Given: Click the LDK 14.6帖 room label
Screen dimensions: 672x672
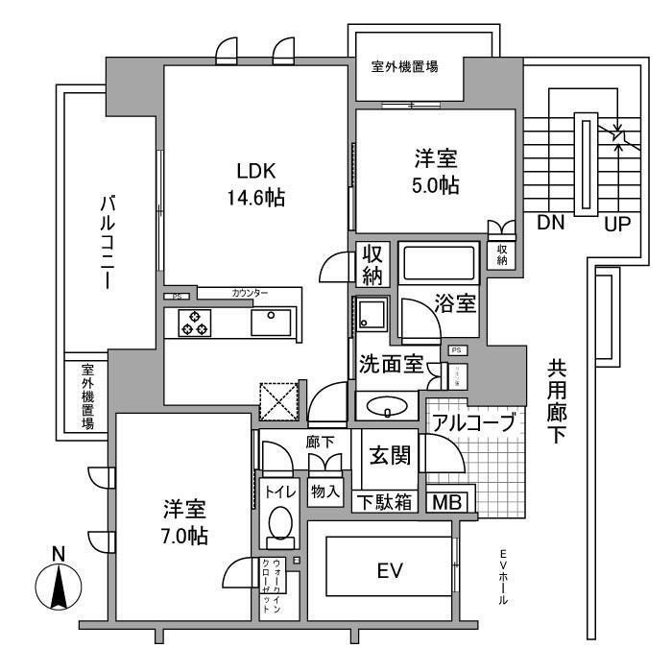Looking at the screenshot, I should [x=257, y=183].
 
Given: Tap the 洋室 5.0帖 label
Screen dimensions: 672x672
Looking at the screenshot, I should [x=436, y=171].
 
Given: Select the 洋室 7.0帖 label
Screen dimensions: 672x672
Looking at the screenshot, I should [x=183, y=522].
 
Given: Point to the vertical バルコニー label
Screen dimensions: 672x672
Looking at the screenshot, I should [x=108, y=240].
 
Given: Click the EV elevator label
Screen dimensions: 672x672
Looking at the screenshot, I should [x=388, y=571].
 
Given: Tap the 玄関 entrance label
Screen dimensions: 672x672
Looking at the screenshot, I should [x=391, y=455].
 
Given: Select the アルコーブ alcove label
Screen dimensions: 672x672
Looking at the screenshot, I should [x=474, y=422].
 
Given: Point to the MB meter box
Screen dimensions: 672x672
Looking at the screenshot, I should [x=444, y=501].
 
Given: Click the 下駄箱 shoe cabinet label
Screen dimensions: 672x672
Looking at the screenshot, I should [x=387, y=501].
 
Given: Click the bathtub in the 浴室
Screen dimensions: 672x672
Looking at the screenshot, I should [x=438, y=262].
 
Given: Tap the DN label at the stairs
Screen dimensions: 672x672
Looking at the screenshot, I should [x=550, y=224].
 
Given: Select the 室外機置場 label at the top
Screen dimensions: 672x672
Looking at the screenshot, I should [x=405, y=67].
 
